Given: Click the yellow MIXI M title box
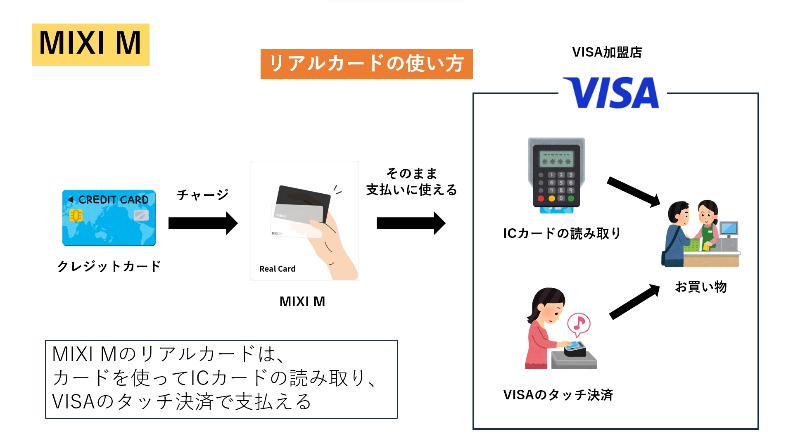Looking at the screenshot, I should (90, 44).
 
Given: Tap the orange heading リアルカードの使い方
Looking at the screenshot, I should (366, 64).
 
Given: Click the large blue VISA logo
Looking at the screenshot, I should (612, 93).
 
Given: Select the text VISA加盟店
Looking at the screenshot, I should (607, 52).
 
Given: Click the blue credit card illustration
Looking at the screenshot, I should (109, 218).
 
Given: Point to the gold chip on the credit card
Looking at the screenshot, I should (76, 215).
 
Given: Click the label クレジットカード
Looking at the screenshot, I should (109, 266).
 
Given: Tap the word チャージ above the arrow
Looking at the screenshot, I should (202, 195).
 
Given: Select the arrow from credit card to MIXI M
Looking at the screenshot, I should (203, 223).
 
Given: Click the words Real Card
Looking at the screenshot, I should (277, 269).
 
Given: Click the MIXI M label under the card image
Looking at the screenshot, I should (302, 301).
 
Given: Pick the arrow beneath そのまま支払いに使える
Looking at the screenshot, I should (411, 223).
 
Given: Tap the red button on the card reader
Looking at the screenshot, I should (541, 199).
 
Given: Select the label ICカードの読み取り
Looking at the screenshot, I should (562, 234).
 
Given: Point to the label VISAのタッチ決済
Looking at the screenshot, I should (558, 395).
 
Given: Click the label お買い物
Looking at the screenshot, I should (700, 287).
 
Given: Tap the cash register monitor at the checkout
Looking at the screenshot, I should (729, 228).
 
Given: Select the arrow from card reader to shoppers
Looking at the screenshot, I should (633, 192).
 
